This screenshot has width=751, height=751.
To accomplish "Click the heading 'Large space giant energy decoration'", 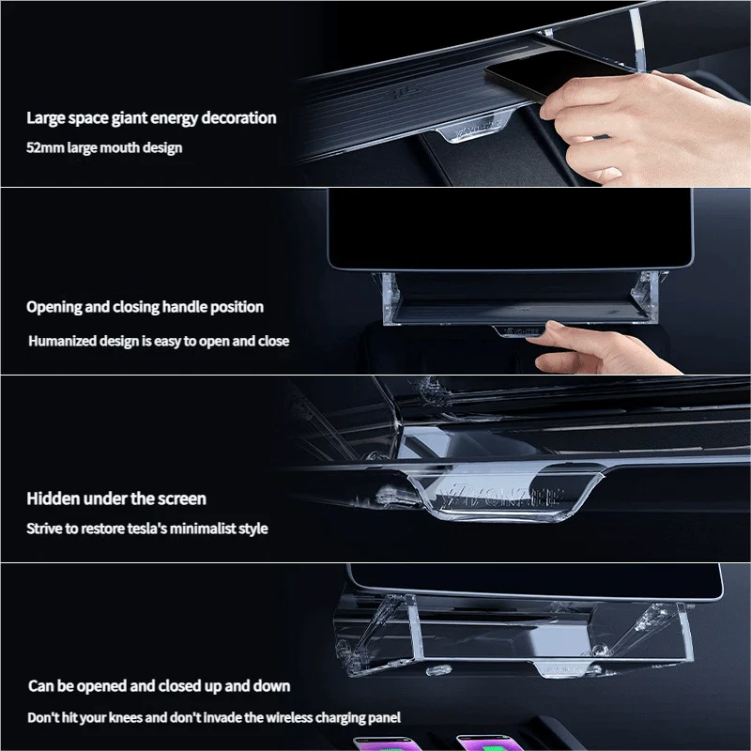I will tap(151, 118).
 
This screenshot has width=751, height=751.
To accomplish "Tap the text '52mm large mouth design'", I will tap(104, 147).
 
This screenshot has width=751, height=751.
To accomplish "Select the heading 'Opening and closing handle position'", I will tap(145, 307).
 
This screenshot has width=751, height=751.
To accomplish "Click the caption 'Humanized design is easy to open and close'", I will tap(159, 341).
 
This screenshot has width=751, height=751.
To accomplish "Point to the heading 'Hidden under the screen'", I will tap(116, 498).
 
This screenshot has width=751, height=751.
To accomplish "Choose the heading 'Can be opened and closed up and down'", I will tap(159, 686).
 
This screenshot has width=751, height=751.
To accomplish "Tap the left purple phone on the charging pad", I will tap(381, 743).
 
